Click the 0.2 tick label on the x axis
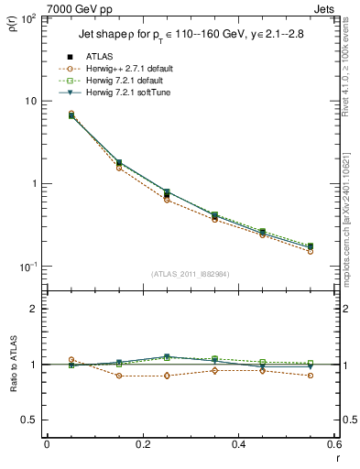pos(143,445)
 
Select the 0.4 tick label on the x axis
pos(239,445)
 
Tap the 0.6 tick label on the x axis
pos(334,445)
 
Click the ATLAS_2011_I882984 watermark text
pos(191,273)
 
